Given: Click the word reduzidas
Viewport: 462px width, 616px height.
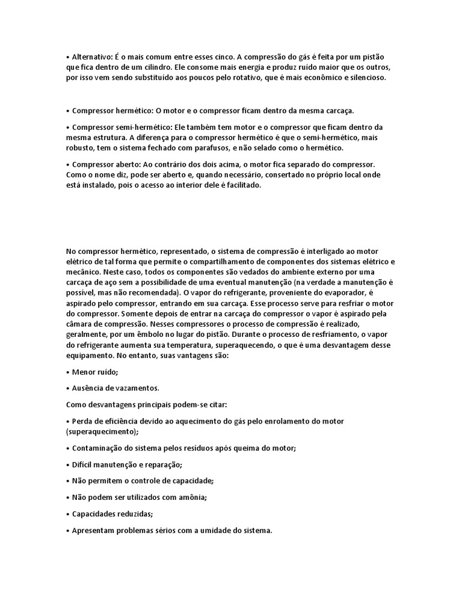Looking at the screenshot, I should [x=134, y=514].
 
